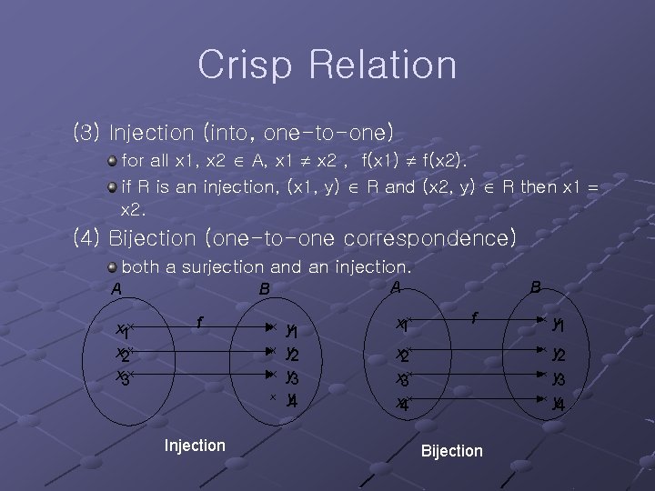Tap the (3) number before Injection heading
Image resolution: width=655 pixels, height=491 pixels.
[x=87, y=133]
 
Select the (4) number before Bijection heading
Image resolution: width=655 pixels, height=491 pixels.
[x=87, y=239]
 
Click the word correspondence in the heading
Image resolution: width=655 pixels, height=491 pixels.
[x=422, y=239]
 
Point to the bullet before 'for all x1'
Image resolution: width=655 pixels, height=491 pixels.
[x=112, y=161]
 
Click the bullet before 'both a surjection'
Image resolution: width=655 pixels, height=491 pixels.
[x=112, y=267]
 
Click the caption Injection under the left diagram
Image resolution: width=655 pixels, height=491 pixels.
[x=195, y=446]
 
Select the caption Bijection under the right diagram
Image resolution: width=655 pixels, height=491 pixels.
[x=452, y=451]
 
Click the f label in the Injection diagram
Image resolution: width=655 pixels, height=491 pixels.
[x=199, y=321]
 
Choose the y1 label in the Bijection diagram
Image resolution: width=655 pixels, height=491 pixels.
[x=559, y=325]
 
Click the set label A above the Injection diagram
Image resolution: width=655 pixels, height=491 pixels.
[x=116, y=289]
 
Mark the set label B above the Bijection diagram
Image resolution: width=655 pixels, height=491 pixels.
[x=536, y=287]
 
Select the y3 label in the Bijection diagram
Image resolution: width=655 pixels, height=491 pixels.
[x=559, y=378]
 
